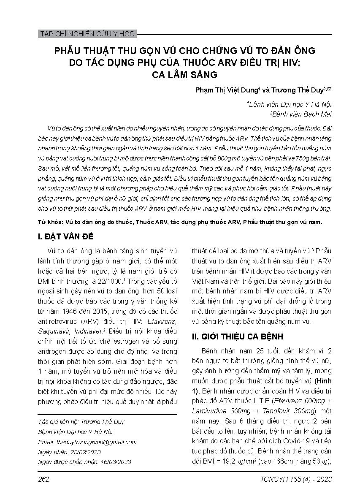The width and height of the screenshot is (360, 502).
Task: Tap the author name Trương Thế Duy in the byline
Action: pos(300,90)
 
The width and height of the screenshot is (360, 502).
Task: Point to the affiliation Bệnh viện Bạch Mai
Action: pos(302,114)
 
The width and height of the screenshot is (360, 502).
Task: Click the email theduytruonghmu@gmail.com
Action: pos(96,442)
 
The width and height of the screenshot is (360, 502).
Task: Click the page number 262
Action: pos(43,479)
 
